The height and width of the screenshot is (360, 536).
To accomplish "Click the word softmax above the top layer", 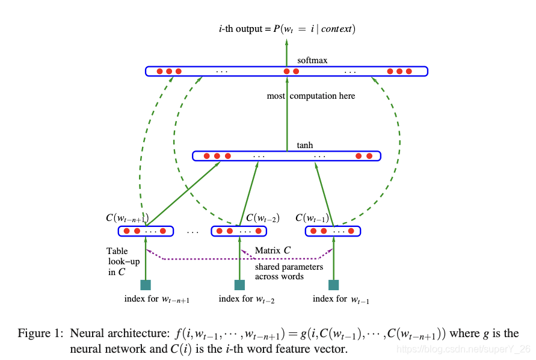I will [312, 61].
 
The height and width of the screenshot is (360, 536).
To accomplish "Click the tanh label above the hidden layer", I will [305, 146].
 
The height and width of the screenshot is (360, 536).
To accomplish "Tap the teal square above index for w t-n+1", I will [145, 285].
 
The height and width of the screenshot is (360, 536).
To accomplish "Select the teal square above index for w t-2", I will [239, 285].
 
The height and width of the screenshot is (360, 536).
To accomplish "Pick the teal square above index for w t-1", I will [334, 285].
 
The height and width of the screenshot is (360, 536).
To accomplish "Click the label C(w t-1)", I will [312, 218].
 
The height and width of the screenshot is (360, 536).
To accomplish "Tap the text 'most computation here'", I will [311, 96].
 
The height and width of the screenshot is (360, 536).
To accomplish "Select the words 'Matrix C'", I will [273, 250].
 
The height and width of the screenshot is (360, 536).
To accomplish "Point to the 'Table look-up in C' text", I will [117, 261].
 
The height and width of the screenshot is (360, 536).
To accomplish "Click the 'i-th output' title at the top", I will [287, 29].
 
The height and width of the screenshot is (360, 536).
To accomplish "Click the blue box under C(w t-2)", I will [239, 231].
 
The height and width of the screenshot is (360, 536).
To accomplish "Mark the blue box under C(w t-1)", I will [333, 231].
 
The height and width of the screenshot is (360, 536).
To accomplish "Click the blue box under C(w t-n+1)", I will [145, 231].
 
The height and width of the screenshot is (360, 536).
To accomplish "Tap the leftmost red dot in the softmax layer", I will [160, 72].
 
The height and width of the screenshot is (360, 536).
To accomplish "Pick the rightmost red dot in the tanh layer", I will [369, 156].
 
